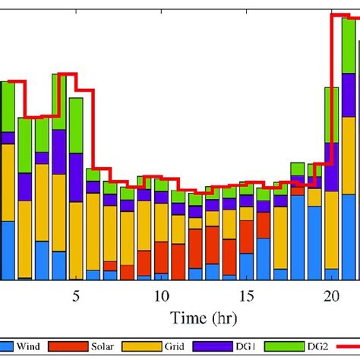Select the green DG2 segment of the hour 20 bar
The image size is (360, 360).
(x=332, y=114)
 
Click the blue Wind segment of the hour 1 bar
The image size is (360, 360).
(x=8, y=251)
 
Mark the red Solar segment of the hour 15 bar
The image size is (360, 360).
(x=246, y=235)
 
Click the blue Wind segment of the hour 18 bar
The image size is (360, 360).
(x=298, y=243)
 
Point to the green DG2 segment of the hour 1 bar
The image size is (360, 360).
(x=8, y=106)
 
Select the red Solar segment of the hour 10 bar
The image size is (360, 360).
(x=161, y=258)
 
